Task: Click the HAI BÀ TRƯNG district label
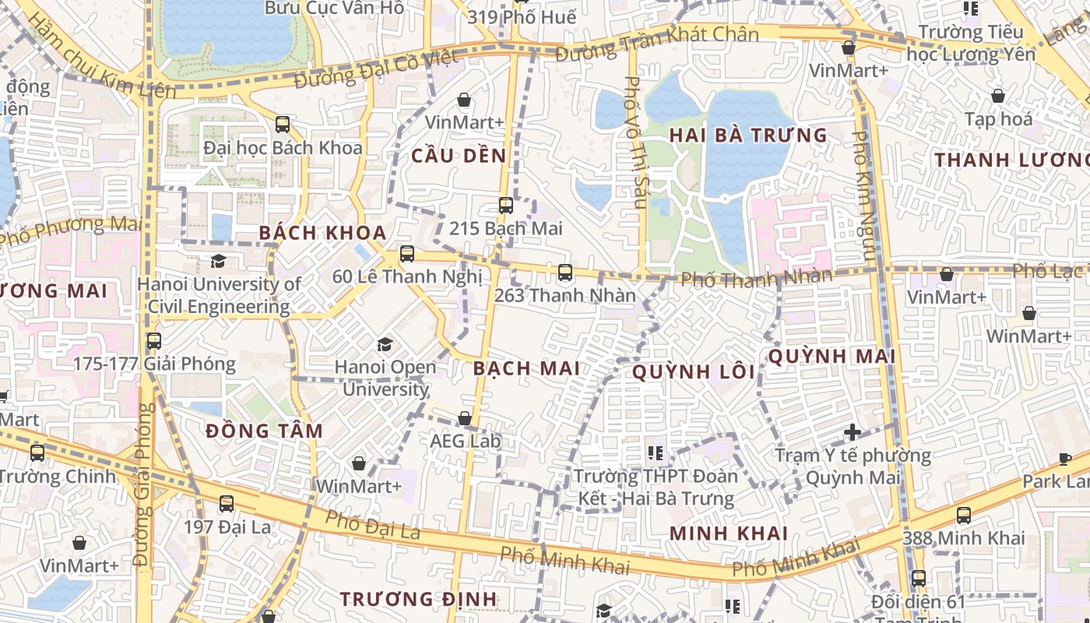pos(747,136)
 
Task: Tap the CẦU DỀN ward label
pos(459,156)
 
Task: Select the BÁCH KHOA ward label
pos(322,233)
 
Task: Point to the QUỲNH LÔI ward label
pos(693,372)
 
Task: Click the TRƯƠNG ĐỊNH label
pos(418,599)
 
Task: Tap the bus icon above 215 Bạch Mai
pos(506,206)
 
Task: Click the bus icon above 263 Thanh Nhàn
pos(565,273)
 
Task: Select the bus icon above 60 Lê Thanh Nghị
pos(407,254)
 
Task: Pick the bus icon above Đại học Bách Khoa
pos(283,125)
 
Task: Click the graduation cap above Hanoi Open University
pos(385,344)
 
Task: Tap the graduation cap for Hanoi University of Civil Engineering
pos(219,262)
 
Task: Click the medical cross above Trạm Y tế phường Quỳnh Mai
pos(853,431)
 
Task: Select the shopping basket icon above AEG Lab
pos(465,419)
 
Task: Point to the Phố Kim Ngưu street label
pos(863,195)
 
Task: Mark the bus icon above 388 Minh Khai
pos(963,516)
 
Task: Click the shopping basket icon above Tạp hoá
pos(998,97)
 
